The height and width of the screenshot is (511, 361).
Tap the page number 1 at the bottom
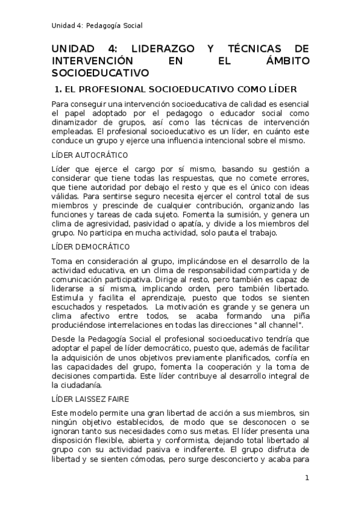pyautogui.click(x=307, y=478)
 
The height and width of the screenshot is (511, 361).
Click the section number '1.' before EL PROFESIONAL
pyautogui.click(x=59, y=90)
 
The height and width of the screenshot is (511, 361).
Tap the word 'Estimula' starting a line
pyautogui.click(x=67, y=297)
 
